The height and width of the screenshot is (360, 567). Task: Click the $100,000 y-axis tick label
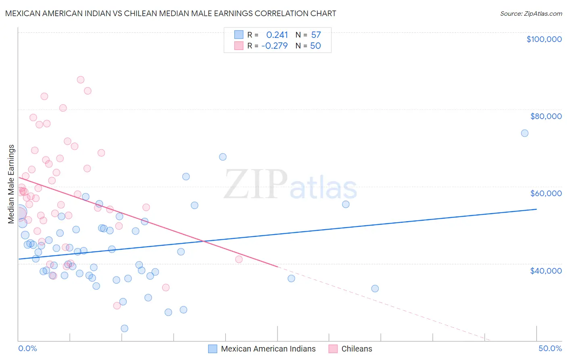click(x=544, y=39)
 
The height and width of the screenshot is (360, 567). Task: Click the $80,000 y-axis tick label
click(x=546, y=116)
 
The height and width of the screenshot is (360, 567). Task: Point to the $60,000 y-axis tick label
click(x=546, y=193)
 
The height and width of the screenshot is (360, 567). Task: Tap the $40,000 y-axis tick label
click(x=546, y=271)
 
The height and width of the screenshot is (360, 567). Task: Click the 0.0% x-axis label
click(x=27, y=348)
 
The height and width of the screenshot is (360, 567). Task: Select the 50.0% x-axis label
click(x=550, y=348)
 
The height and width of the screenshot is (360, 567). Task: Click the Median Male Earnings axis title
click(x=11, y=184)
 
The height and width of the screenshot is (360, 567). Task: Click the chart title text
click(x=171, y=13)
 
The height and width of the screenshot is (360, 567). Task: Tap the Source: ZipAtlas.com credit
click(x=531, y=13)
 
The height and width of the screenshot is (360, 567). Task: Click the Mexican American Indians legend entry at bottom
click(x=268, y=349)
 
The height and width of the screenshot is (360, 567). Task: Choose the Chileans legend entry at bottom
click(x=356, y=349)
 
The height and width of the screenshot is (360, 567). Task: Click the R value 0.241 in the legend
click(x=277, y=35)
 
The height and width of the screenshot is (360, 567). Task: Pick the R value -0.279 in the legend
click(x=275, y=46)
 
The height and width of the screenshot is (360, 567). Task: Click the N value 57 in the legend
click(x=316, y=35)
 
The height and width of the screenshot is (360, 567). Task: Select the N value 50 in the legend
click(x=315, y=46)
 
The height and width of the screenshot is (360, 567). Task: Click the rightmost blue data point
click(x=525, y=133)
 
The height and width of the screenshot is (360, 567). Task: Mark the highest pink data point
click(x=81, y=80)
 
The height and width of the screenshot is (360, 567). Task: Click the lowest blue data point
click(x=125, y=329)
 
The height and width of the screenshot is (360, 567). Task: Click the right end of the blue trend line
click(x=536, y=209)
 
